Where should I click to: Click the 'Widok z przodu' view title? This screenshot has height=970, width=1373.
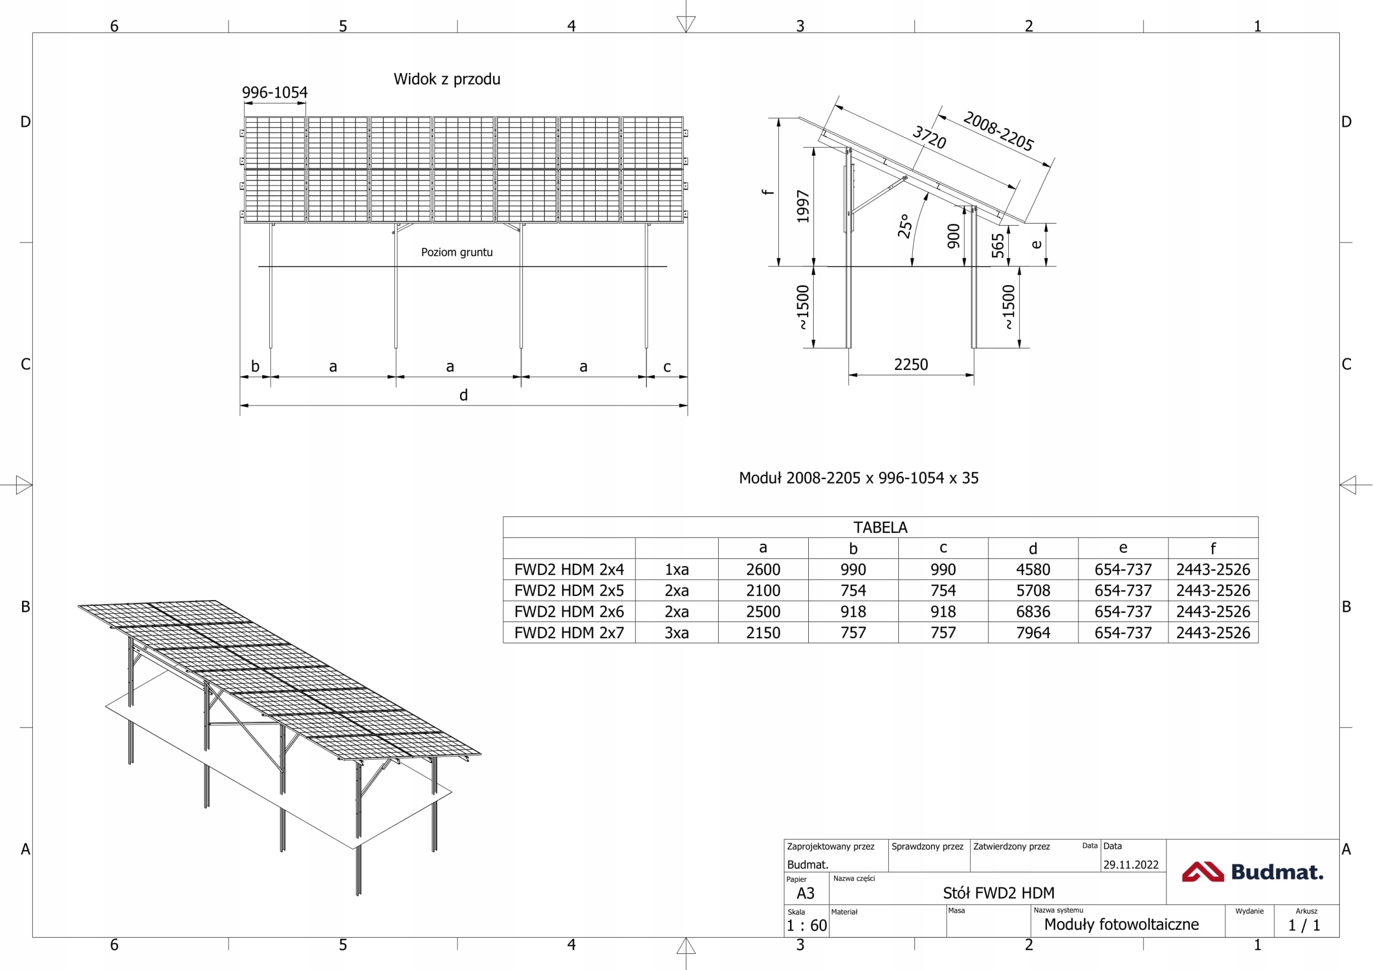point(447,79)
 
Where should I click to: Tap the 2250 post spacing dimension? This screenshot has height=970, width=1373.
point(911,365)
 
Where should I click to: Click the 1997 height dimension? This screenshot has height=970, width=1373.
point(803,207)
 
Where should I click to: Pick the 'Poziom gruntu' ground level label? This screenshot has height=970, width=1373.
point(457,253)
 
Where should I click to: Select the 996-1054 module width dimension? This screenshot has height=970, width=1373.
point(275,93)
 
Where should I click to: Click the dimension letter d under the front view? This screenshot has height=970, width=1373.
point(463,395)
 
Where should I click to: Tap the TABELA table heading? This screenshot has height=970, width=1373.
point(880,528)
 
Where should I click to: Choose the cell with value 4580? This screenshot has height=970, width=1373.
point(1033,569)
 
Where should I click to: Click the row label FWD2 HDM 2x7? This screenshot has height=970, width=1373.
point(569,633)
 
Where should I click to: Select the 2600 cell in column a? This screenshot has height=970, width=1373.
point(763,569)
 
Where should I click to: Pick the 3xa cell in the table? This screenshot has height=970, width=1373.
point(676,633)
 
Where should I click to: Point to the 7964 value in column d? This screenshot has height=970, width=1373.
point(1033,633)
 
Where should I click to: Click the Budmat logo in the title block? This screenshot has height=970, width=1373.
point(1253,872)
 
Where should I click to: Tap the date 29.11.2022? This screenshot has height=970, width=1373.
point(1131,865)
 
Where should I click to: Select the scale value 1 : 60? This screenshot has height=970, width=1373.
point(807,925)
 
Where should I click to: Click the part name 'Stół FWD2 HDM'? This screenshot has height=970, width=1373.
point(999,893)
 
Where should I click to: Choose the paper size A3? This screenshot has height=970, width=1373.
point(806,893)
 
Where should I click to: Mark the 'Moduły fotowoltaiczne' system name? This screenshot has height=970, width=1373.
point(1121,924)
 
